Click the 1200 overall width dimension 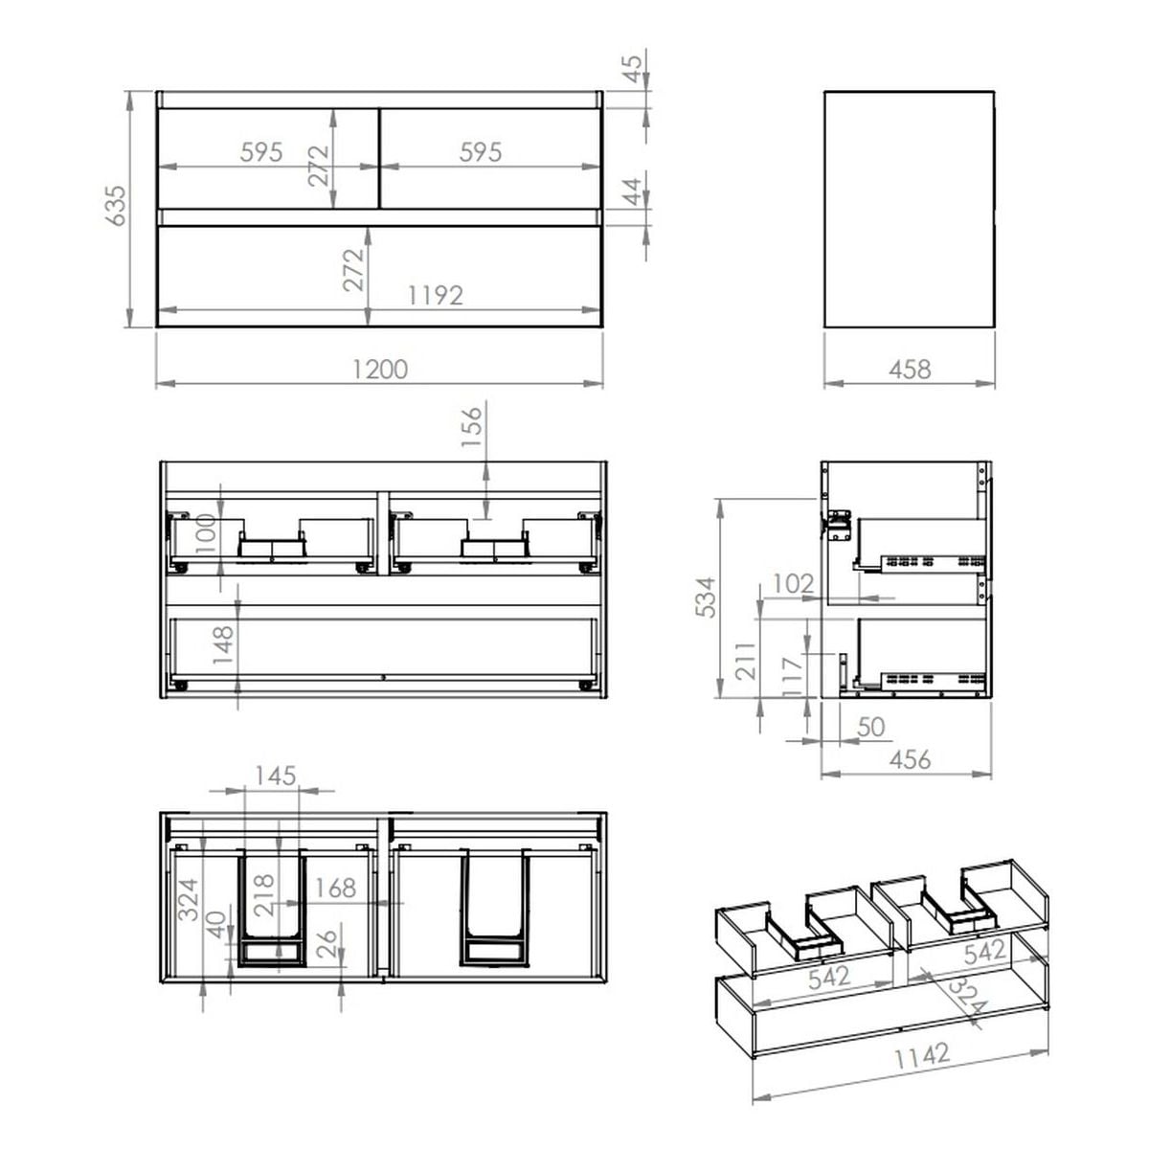[x=380, y=370]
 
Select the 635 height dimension [x=116, y=206]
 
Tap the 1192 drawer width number [x=436, y=296]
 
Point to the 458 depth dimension [x=910, y=370]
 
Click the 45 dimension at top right [x=632, y=69]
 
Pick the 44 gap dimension [x=632, y=191]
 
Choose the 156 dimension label [x=472, y=427]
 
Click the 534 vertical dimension [x=706, y=597]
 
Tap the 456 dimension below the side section [x=910, y=759]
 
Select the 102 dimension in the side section [x=793, y=584]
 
